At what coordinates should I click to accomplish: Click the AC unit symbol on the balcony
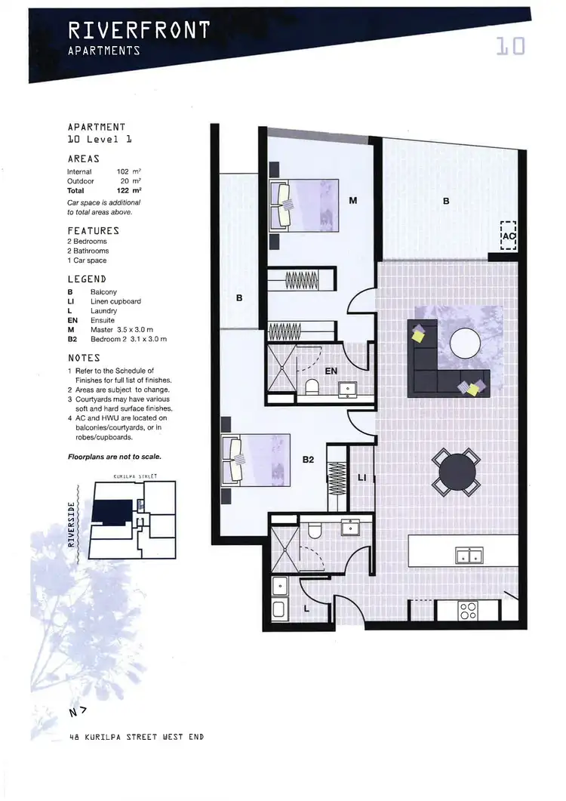[509, 236]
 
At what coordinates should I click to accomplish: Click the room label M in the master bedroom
[352, 201]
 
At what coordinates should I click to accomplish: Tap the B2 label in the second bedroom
[309, 458]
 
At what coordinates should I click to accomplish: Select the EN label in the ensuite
[332, 371]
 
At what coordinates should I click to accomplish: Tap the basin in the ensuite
[349, 389]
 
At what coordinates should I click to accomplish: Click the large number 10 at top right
[510, 47]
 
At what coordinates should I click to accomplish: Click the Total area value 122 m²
[131, 191]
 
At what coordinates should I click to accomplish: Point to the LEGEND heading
[88, 279]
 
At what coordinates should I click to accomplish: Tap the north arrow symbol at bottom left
[75, 711]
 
